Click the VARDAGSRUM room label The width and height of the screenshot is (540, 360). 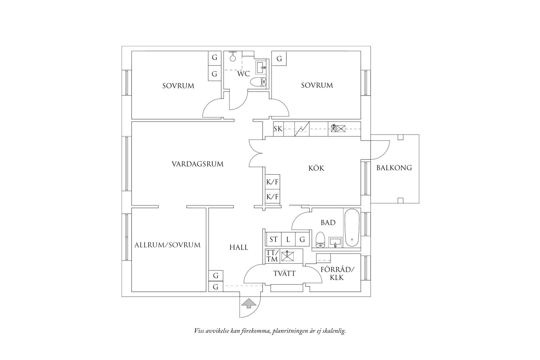pyautogui.click(x=197, y=164)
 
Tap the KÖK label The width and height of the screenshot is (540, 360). pyautogui.click(x=316, y=168)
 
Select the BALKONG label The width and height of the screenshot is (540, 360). pyautogui.click(x=394, y=168)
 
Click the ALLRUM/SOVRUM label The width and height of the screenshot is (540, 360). pyautogui.click(x=168, y=245)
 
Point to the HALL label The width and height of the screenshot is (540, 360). pyautogui.click(x=239, y=247)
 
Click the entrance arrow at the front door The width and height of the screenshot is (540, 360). pyautogui.click(x=248, y=304)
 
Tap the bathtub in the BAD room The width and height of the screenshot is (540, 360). pyautogui.click(x=352, y=228)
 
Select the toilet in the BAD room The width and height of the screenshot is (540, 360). pyautogui.click(x=320, y=240)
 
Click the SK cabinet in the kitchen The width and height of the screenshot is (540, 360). pyautogui.click(x=278, y=129)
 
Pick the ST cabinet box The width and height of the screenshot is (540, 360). pyautogui.click(x=274, y=239)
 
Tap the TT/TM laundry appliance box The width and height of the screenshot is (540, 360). pyautogui.click(x=272, y=256)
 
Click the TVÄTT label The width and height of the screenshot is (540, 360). pyautogui.click(x=284, y=274)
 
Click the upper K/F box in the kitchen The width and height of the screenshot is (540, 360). pyautogui.click(x=272, y=182)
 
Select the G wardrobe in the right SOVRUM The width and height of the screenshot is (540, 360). pyautogui.click(x=279, y=59)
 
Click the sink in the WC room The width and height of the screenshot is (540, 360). pyautogui.click(x=261, y=67)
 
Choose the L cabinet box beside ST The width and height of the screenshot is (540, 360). pyautogui.click(x=288, y=239)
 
